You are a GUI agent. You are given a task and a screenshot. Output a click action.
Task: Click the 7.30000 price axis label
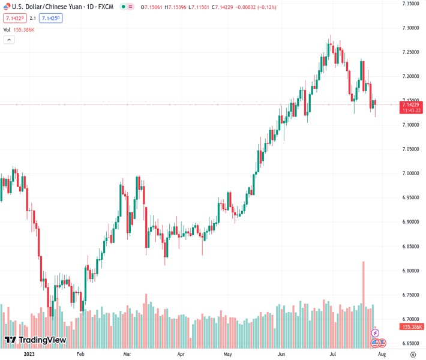click(410, 28)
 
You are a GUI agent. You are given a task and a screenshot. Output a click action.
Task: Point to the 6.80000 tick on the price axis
click(410, 271)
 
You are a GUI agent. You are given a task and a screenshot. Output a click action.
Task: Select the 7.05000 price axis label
click(410, 149)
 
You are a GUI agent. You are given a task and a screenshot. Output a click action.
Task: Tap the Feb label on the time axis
click(80, 354)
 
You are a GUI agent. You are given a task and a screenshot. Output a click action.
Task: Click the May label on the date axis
click(227, 354)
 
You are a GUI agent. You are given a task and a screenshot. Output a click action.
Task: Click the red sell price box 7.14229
click(14, 18)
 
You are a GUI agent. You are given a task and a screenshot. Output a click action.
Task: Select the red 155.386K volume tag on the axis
click(412, 327)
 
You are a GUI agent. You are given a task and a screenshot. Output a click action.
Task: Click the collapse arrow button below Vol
click(9, 40)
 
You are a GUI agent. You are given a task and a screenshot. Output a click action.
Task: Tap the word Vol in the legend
click(7, 29)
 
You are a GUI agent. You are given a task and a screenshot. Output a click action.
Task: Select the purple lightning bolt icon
click(375, 332)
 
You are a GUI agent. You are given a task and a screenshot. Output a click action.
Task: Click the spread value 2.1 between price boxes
click(33, 18)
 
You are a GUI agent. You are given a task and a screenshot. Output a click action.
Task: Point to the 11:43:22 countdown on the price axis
click(412, 110)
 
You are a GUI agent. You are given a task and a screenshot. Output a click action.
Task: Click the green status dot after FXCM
click(122, 7)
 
